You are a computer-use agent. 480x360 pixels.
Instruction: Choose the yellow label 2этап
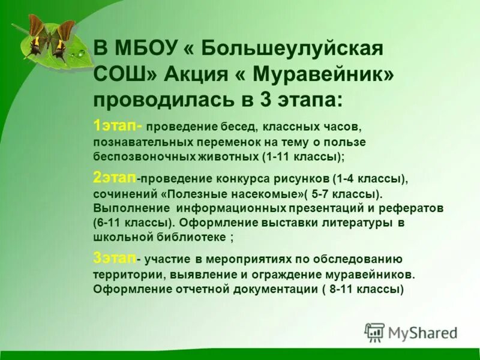pos(115,178)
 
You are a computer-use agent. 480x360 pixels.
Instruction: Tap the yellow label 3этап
pos(115,258)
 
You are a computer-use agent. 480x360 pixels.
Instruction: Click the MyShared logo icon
pos(375,331)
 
